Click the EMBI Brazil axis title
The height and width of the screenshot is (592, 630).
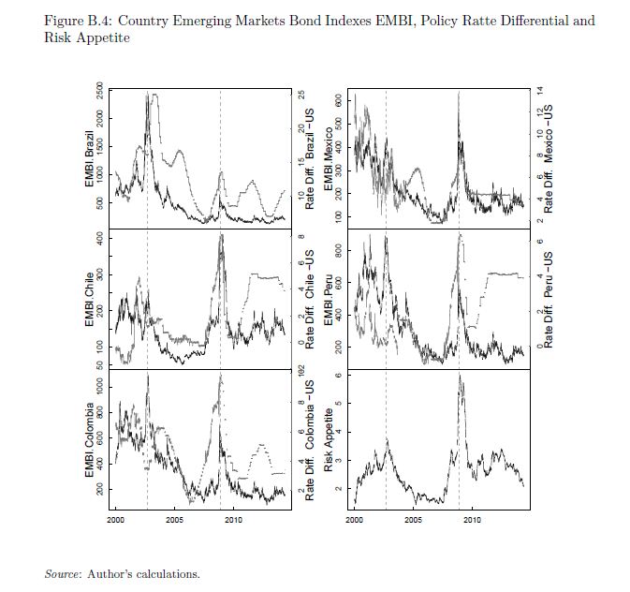91,155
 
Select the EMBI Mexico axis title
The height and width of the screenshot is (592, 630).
330,155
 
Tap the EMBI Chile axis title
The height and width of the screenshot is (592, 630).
91,299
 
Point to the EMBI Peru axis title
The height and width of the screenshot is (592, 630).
330,299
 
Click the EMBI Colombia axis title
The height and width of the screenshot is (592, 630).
91,440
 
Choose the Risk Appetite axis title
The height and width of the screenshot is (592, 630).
330,440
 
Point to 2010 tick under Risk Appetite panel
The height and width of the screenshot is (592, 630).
472,518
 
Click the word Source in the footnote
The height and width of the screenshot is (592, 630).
62,573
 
